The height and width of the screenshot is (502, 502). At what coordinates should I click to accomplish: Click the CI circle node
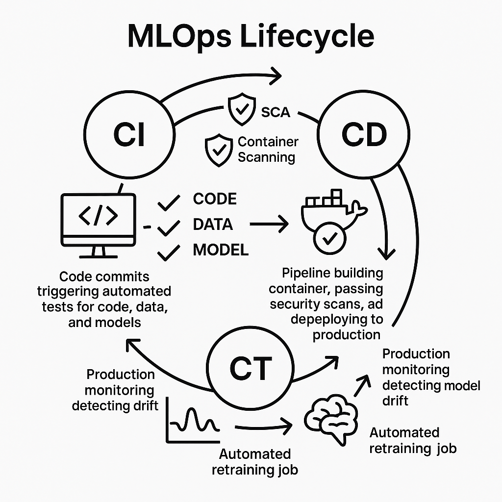pyautogui.click(x=129, y=134)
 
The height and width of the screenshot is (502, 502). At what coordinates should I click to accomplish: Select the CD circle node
pyautogui.click(x=363, y=134)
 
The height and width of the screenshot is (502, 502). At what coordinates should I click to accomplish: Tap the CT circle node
pyautogui.click(x=251, y=367)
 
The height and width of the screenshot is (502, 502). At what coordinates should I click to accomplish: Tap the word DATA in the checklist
pyautogui.click(x=213, y=225)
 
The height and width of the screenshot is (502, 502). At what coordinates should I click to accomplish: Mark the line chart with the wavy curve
pyautogui.click(x=193, y=420)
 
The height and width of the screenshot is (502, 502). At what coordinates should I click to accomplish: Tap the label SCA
pyautogui.click(x=276, y=112)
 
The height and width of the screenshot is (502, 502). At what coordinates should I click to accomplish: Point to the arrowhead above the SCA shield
pyautogui.click(x=276, y=75)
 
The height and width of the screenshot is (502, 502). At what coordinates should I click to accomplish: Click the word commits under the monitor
pyautogui.click(x=125, y=277)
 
